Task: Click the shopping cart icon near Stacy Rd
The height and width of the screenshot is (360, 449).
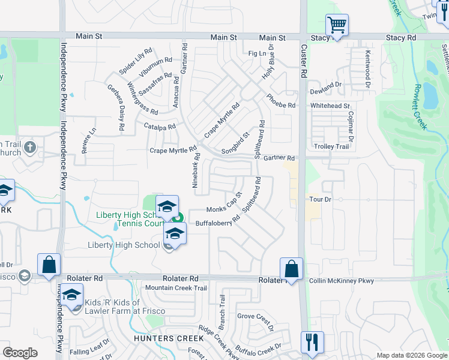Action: pos(337,26)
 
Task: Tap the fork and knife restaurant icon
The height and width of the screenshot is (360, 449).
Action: pos(312,343)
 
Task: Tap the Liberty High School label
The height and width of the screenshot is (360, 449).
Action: pos(124,245)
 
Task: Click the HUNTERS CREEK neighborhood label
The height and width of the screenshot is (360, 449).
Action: pos(169,338)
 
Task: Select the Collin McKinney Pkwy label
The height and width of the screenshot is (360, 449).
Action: pos(341,280)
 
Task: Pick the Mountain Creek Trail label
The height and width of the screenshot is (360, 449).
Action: pos(176,288)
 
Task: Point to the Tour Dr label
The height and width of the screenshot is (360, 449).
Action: pos(320,199)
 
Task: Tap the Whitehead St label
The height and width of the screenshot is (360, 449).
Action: pos(330,106)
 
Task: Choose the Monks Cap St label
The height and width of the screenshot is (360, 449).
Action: pos(224,202)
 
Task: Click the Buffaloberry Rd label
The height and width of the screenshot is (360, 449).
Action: pos(217,221)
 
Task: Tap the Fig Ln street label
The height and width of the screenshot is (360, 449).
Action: pos(257,53)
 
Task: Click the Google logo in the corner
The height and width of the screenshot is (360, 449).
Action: pos(20,353)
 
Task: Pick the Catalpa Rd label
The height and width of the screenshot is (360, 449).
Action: pos(160,127)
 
